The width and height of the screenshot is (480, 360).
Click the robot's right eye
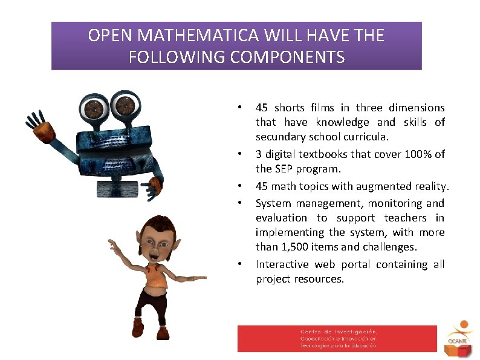pyautogui.click(x=126, y=106)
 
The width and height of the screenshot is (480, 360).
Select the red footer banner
pyautogui.click(x=337, y=338)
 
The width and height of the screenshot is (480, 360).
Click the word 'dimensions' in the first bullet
pyautogui.click(x=417, y=108)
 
